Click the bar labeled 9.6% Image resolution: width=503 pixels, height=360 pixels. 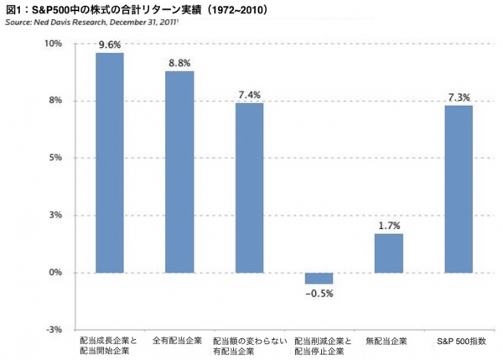(110, 163)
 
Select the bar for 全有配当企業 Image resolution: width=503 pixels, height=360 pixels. (179, 172)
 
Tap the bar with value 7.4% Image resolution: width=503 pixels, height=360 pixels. (249, 188)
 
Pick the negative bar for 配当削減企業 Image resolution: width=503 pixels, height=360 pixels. (319, 279)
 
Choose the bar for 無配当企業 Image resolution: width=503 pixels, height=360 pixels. (389, 253)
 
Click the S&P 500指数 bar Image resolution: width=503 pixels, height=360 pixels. (459, 189)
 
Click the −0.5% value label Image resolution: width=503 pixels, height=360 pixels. (319, 293)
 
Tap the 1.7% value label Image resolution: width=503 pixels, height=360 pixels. (389, 225)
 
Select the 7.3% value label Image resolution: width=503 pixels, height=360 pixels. (459, 97)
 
